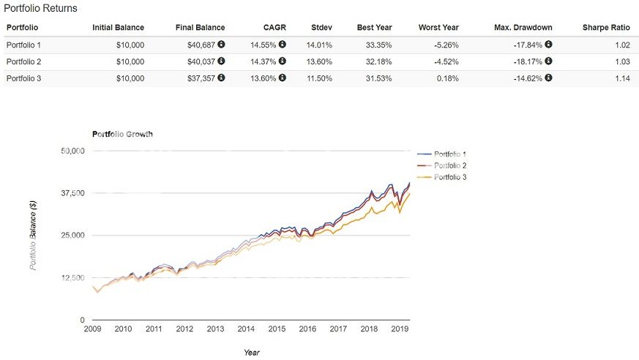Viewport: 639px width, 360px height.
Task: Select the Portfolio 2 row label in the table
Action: coord(23,61)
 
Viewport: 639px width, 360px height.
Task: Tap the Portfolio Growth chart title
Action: coord(122,135)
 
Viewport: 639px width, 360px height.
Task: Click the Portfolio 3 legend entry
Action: coord(450,176)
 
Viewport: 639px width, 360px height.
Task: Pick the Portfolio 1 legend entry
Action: coord(450,154)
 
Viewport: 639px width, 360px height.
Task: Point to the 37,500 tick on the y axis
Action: coord(72,193)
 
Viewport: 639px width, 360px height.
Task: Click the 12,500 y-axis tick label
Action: coord(72,278)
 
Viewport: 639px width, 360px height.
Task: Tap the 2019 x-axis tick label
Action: coord(400,330)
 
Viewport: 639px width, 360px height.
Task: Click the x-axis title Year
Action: coord(252,352)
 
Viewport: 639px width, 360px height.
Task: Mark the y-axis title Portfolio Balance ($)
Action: coord(34,236)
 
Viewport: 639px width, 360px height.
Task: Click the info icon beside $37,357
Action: coord(221,78)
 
